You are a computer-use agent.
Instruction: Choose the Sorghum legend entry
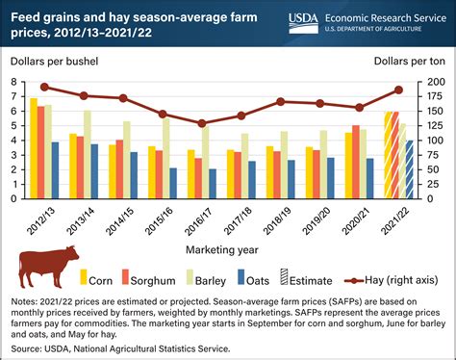pos(175,281)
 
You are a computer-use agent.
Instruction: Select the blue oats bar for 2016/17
pos(212,176)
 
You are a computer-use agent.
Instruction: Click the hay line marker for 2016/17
pos(201,123)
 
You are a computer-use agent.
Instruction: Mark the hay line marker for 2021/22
pos(398,90)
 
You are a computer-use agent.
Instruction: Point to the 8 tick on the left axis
pos(16,83)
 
